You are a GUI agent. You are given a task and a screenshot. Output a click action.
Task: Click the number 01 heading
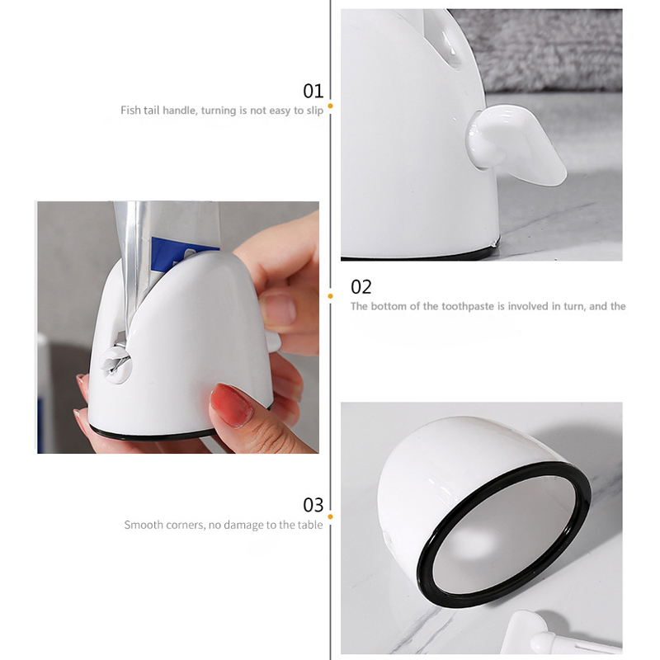(x=313, y=91)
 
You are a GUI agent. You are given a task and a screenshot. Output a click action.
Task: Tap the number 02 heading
(x=361, y=287)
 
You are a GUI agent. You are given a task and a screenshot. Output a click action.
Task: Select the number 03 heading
(x=313, y=505)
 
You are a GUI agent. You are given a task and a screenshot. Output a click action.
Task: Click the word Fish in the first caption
(x=130, y=111)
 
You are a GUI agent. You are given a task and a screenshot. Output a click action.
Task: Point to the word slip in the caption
(x=315, y=111)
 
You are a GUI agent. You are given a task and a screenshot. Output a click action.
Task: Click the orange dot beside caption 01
(x=331, y=106)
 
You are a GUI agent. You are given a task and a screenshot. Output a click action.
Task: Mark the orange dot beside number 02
(x=331, y=296)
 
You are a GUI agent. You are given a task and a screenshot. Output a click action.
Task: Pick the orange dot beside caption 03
(x=331, y=516)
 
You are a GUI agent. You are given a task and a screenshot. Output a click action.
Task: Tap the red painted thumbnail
(x=231, y=404)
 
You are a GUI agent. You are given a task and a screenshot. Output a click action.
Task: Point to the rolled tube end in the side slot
(x=115, y=359)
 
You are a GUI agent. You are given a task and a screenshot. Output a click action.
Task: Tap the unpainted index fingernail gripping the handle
(x=279, y=308)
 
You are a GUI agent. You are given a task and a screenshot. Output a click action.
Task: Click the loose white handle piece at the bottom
(x=555, y=634)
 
